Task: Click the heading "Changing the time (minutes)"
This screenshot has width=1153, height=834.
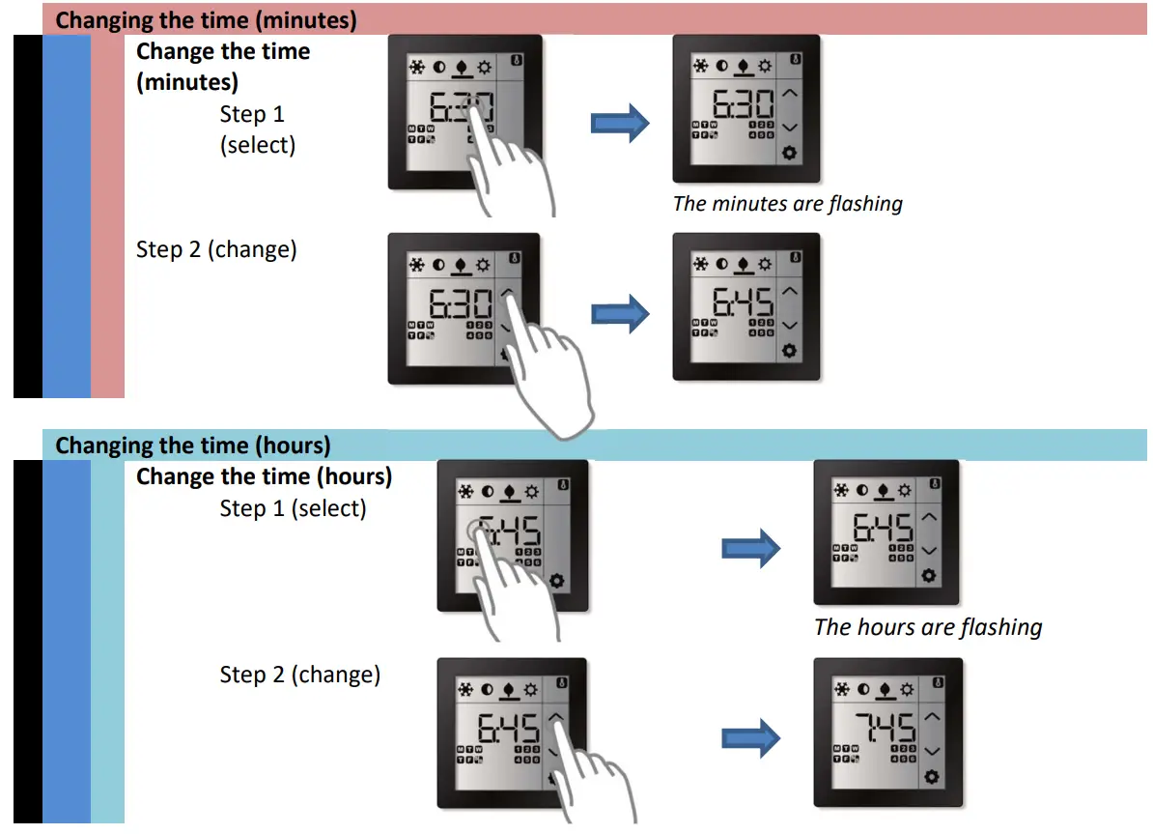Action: [206, 19]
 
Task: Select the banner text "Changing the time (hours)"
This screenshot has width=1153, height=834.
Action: [193, 446]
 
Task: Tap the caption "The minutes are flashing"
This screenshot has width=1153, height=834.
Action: [787, 204]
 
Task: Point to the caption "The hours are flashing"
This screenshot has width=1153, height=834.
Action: [928, 627]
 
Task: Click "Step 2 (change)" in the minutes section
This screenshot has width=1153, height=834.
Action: [216, 249]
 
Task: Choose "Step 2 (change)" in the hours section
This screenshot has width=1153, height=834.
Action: [299, 675]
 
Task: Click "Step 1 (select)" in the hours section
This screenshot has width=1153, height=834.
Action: [293, 508]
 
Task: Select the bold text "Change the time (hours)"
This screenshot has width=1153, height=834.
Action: [264, 476]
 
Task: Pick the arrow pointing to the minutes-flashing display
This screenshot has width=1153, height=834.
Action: [620, 123]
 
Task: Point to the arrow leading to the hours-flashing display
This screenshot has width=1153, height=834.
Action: [750, 549]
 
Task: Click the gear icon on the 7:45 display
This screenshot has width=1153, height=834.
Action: [931, 777]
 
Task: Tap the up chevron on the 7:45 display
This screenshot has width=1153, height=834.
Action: [931, 717]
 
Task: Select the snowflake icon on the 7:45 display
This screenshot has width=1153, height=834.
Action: [842, 689]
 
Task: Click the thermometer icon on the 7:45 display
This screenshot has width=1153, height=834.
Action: [935, 680]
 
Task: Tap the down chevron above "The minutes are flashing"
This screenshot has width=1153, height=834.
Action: [790, 127]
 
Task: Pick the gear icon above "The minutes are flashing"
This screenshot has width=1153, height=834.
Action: [790, 153]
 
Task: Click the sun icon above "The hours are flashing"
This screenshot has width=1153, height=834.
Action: [906, 491]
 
